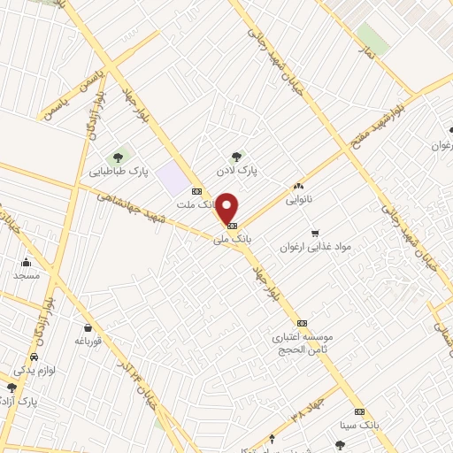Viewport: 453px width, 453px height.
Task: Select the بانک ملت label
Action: pyautogui.click(x=196, y=204)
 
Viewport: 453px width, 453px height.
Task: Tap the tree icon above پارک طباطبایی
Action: pyautogui.click(x=117, y=157)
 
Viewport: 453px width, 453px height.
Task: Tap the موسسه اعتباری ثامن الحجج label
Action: pyautogui.click(x=302, y=343)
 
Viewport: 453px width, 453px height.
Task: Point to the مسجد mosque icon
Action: pyautogui.click(x=27, y=262)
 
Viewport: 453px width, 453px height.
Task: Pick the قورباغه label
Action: pyautogui.click(x=90, y=340)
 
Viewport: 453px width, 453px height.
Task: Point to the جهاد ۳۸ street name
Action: pyautogui.click(x=305, y=406)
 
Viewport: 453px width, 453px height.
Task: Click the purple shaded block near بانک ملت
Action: pyautogui.click(x=174, y=179)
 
